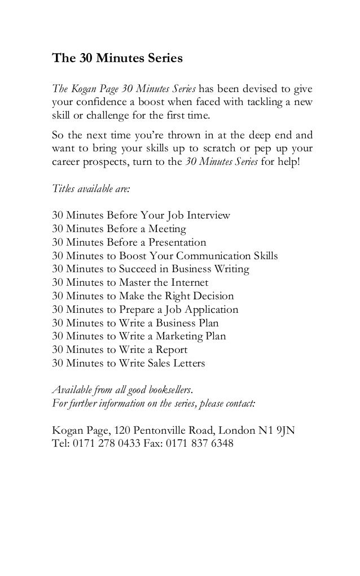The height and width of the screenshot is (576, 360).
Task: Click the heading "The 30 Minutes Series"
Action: coord(118,59)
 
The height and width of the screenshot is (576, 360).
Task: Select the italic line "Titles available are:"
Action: coord(90,190)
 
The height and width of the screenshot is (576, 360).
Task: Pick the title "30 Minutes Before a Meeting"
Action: coord(118,229)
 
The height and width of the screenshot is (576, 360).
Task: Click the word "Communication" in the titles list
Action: coord(209,256)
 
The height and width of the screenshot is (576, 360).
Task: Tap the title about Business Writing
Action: coord(150,269)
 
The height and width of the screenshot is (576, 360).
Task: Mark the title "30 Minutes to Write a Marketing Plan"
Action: coord(138,337)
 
